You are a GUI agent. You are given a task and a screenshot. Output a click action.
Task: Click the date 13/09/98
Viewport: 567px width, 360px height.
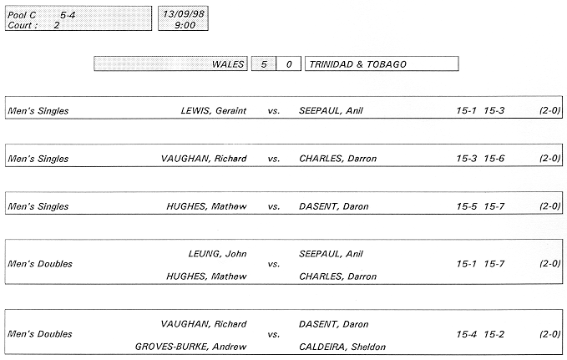pos(184,14)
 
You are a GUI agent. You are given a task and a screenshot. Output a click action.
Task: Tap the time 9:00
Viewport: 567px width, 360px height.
pos(185,25)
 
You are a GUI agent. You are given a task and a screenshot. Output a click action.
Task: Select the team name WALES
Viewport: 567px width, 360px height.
pos(228,64)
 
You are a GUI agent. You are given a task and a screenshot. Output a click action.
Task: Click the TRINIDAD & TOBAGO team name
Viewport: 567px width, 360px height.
pos(358,64)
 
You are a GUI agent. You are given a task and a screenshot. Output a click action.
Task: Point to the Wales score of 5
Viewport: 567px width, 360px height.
pos(264,64)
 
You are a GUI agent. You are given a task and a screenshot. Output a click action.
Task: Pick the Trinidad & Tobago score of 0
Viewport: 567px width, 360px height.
pos(289,64)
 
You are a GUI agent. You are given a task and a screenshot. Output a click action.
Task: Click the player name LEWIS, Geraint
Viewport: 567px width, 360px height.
pos(214,111)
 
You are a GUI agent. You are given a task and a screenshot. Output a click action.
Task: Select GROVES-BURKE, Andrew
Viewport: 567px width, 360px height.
pos(191,347)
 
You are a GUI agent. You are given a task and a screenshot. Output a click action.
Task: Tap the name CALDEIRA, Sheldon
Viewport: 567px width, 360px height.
pos(342,347)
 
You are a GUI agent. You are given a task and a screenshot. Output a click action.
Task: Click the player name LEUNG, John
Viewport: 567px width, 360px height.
pos(218,254)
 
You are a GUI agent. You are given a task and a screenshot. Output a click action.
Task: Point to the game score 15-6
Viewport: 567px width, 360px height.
pos(494,159)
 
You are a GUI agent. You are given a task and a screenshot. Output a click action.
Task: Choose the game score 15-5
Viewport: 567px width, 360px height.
pos(467,206)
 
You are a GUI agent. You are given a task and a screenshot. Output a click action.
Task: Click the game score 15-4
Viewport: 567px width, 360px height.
pos(467,334)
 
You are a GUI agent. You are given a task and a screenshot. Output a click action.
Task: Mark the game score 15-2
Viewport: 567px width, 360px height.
pos(494,334)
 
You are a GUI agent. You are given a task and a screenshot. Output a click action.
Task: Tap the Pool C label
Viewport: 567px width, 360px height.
pos(22,15)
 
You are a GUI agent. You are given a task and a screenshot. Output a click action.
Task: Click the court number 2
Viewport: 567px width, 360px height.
pos(57,25)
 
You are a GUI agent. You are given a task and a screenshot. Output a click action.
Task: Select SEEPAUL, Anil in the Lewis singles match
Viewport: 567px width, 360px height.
pos(331,111)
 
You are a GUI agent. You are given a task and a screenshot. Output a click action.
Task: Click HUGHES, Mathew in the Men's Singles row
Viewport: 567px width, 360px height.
pos(206,206)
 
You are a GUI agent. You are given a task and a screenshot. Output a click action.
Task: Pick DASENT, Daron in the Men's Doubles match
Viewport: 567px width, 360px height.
pos(334,324)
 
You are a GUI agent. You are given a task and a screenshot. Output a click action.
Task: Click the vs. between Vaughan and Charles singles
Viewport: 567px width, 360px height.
pos(274,159)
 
